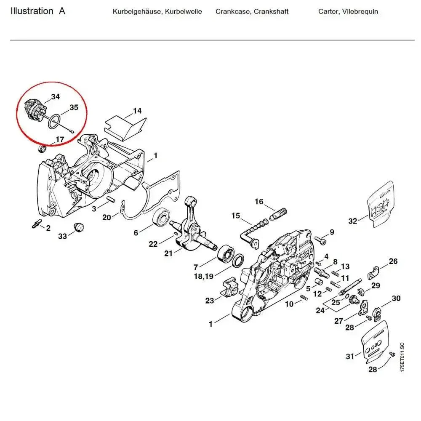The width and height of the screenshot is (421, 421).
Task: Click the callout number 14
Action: tap(137, 111)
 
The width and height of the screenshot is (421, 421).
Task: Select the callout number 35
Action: tap(74, 107)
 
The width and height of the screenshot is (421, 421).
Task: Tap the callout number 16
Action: tap(259, 202)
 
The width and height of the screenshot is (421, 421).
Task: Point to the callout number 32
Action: tap(352, 221)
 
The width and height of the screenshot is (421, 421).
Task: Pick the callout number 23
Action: tap(210, 300)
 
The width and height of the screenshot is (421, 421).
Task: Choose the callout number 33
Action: tap(62, 236)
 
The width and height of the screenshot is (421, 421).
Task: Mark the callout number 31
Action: tap(350, 356)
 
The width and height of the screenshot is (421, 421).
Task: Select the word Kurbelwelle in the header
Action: tap(183, 11)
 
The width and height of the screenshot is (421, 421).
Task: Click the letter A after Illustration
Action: tap(62, 11)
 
